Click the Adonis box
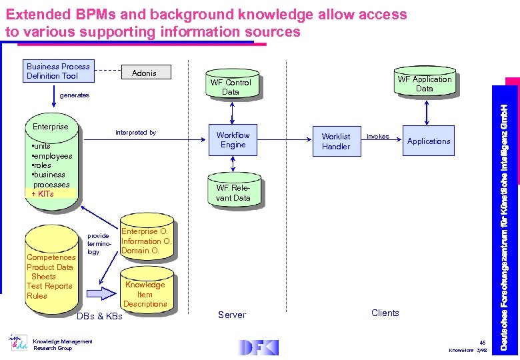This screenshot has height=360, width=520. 145,73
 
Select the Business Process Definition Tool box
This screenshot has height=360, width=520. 58,71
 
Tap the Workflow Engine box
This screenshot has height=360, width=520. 233,140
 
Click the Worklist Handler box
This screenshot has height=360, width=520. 335,141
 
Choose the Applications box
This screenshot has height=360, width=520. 429,141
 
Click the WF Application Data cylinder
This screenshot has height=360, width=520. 424,83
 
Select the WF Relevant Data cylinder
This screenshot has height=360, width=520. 233,192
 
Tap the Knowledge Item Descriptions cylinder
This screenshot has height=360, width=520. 145,293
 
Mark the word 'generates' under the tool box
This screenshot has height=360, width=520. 74,95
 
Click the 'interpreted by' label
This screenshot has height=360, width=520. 135,133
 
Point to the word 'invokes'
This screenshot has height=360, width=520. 377,137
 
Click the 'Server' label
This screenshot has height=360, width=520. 232,315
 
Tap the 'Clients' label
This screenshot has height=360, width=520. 385,313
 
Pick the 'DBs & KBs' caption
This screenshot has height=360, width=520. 100,316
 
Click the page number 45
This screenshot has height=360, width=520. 482,342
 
